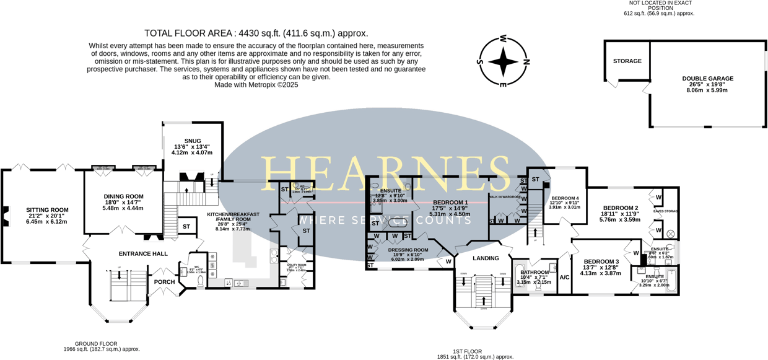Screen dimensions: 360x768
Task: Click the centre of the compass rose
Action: [503, 61]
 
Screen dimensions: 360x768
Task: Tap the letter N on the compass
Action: [527, 61]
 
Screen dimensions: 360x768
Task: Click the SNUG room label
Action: [192, 141]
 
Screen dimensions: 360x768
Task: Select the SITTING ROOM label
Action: [46, 210]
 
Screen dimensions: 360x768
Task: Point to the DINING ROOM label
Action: [123, 196]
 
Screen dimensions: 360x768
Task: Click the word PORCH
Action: [164, 282]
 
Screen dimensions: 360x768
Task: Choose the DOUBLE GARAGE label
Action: [707, 79]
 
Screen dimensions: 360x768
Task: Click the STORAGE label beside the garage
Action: [627, 61]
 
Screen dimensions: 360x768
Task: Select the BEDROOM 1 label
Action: [450, 203]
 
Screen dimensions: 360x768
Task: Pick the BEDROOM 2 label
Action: [620, 208]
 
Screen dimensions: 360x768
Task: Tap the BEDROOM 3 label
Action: [601, 261]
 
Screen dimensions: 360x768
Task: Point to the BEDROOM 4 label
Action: [564, 198]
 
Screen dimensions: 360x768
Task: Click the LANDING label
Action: [486, 258]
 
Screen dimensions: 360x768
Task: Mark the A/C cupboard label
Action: [564, 277]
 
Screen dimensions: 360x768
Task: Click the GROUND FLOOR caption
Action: [96, 343]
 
